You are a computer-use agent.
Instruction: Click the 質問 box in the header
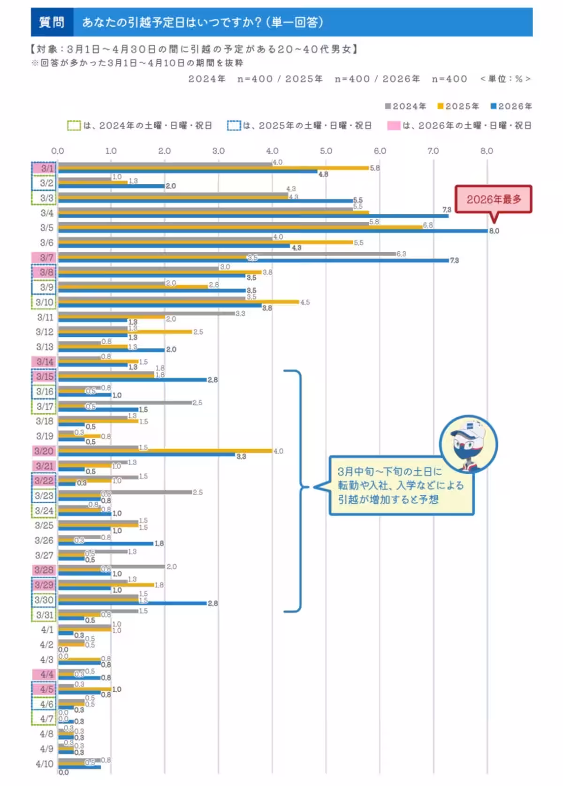52,22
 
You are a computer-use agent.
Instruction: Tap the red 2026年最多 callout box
494,199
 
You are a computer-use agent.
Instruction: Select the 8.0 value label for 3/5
494,231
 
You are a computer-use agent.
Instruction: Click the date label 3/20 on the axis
44,451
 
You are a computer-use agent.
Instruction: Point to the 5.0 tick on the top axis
326,151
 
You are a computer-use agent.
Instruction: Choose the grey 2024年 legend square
388,106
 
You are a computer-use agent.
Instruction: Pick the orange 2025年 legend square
441,106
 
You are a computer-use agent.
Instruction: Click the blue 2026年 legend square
494,106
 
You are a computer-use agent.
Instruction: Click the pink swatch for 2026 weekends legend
394,126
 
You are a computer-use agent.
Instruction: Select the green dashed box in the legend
74,126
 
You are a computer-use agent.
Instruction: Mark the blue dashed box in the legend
234,126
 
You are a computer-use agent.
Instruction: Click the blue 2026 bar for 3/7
253,260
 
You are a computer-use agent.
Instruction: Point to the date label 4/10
45,764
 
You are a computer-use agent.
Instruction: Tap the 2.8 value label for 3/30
213,604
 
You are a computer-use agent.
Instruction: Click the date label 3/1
47,168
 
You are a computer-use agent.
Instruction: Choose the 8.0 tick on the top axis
487,151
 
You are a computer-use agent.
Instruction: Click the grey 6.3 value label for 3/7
401,254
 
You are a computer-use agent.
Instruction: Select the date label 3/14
45,362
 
